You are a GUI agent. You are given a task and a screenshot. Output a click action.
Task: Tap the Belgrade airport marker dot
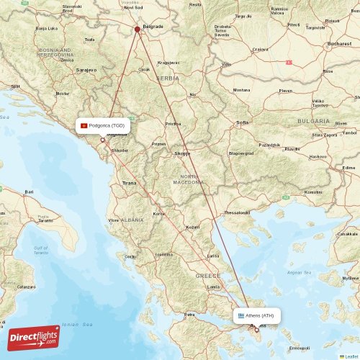(x=137, y=30)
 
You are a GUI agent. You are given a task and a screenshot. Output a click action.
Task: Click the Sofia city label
(x=243, y=123)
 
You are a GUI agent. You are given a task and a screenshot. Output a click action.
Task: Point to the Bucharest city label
(x=339, y=44)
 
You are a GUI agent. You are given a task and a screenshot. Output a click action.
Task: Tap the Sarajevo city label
(x=86, y=71)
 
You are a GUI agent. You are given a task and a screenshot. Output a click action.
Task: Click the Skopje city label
(x=182, y=153)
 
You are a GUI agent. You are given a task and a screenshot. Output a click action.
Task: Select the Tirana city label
(x=129, y=183)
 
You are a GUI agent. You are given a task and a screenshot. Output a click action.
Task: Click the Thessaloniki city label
(x=235, y=212)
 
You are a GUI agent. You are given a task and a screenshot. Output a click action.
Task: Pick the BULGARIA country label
(x=314, y=121)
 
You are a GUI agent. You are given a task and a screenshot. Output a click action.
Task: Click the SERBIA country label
(x=168, y=78)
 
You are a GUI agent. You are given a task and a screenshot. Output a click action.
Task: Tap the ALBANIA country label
(x=132, y=220)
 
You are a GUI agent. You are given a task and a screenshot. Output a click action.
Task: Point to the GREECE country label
(x=208, y=276)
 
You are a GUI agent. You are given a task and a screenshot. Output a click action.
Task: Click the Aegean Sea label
(x=299, y=272)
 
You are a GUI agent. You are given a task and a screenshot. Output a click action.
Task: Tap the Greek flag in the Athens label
(x=241, y=315)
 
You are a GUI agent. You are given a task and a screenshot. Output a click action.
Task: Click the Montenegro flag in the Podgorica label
(x=84, y=125)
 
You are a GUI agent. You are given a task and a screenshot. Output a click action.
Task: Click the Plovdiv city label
(x=292, y=149)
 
